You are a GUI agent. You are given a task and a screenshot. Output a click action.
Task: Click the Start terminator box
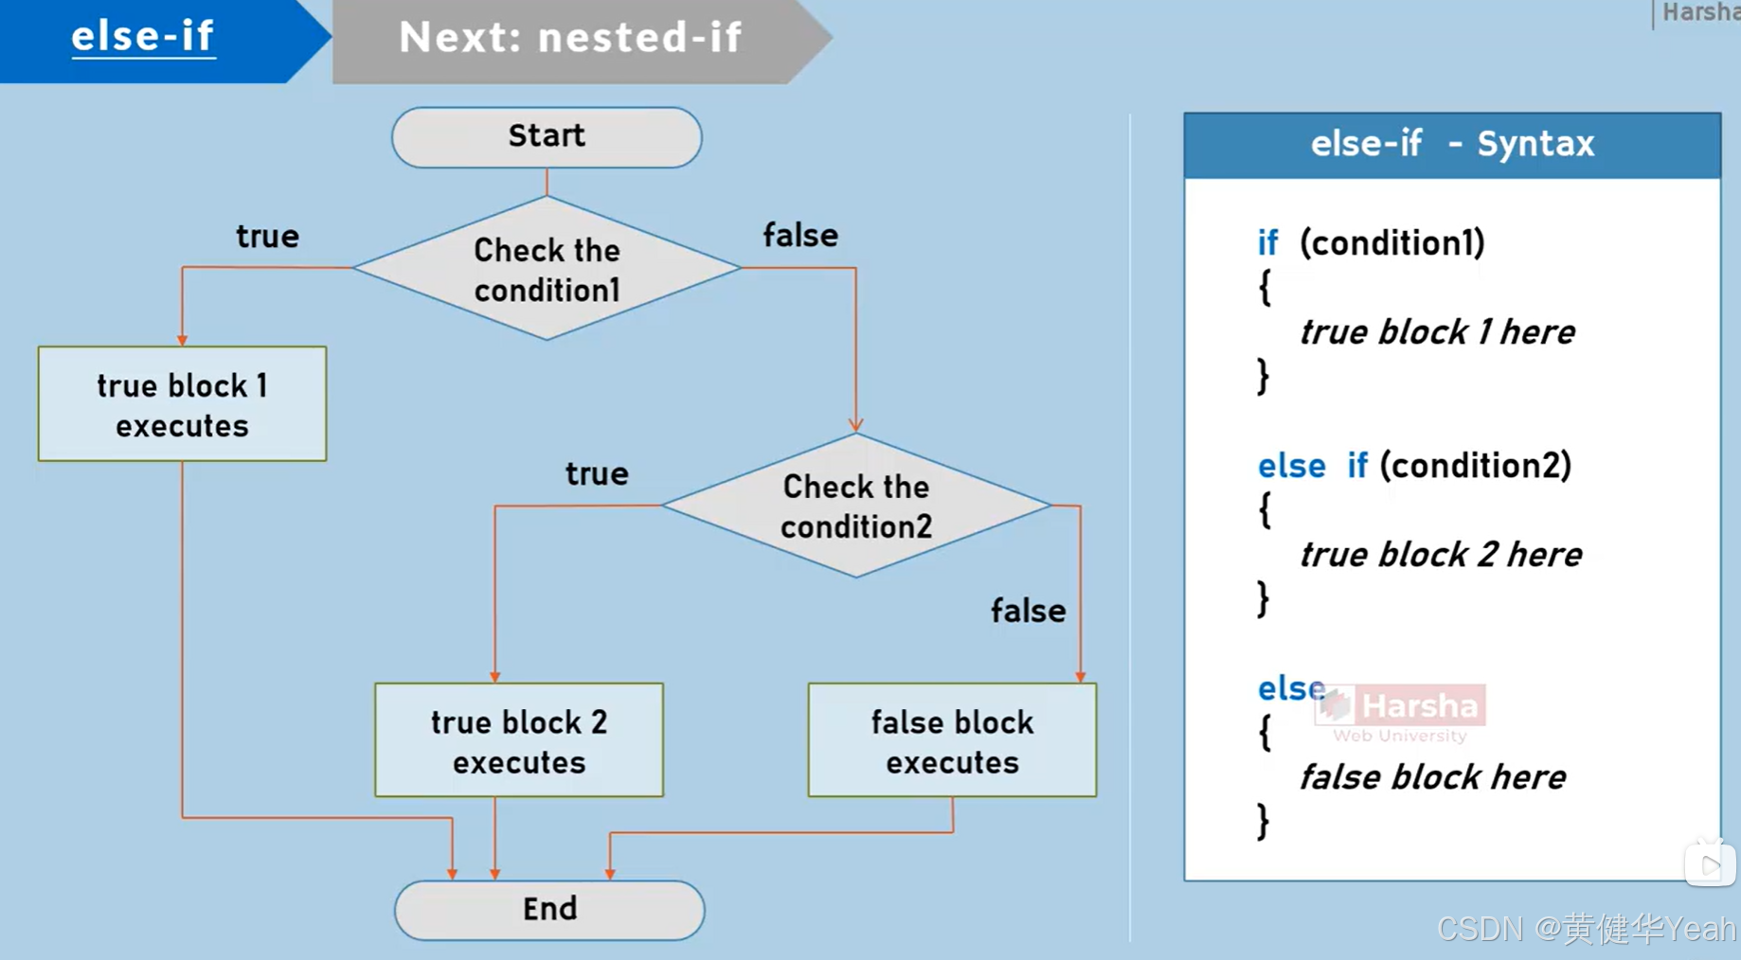[x=547, y=137]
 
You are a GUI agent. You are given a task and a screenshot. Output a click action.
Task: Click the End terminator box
[x=549, y=910]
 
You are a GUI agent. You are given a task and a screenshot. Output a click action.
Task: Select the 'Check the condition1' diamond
[x=547, y=269]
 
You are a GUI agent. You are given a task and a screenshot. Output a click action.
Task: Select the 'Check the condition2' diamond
[x=855, y=506]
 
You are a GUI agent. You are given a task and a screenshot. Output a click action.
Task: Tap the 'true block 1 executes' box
[x=182, y=404]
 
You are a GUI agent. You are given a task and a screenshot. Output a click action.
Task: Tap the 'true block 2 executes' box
[x=518, y=740]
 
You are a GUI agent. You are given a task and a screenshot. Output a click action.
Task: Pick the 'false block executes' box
[x=952, y=740]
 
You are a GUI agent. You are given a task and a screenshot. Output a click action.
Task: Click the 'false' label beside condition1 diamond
[x=800, y=235]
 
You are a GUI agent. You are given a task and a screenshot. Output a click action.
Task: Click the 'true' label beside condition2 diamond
[x=597, y=473]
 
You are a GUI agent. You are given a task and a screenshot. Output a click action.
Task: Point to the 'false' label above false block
[x=1028, y=611]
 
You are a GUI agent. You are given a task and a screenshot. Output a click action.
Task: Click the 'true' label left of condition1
[x=267, y=236]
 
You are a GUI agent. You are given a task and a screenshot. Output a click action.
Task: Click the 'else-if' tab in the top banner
[x=143, y=37]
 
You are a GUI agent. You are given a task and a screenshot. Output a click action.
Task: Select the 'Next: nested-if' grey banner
[x=570, y=39]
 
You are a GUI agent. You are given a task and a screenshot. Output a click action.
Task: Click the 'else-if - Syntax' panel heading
[x=1451, y=145]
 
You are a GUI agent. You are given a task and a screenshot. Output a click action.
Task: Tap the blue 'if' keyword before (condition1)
[x=1267, y=243]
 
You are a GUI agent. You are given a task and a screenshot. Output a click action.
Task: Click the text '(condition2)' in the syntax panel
[x=1475, y=465]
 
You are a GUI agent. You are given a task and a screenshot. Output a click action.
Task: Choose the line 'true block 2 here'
[x=1440, y=555]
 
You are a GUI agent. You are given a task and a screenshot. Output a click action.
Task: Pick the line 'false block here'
[x=1431, y=777]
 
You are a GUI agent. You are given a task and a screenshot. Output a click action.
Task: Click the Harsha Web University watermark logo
[x=1401, y=713]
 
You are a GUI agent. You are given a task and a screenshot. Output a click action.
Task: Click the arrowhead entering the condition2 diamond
[x=855, y=425]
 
